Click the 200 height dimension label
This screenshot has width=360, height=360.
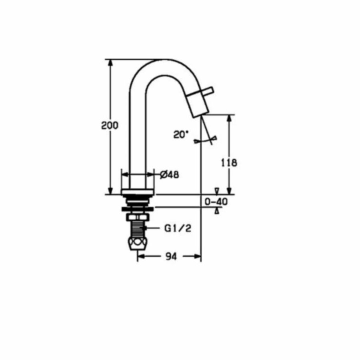click(x=110, y=125)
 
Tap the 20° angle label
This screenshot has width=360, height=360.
click(x=181, y=134)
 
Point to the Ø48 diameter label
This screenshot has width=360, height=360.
click(x=169, y=174)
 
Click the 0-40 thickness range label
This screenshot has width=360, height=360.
click(x=216, y=202)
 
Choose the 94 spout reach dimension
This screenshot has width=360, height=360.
click(x=171, y=257)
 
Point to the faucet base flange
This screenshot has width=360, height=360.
click(x=138, y=192)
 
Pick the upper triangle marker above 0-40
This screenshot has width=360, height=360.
click(x=217, y=190)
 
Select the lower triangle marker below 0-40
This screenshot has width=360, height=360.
click(x=217, y=211)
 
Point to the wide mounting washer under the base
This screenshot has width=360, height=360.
click(x=138, y=208)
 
